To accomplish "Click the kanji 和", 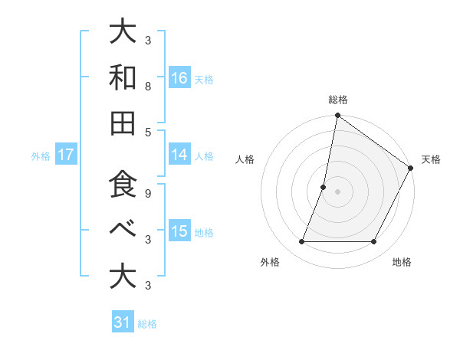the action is coord(123,77).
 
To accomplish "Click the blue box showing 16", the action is coord(179,77).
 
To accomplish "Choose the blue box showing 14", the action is coord(179,154).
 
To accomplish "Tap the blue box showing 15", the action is coord(179,231).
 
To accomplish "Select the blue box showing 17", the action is coord(66,155).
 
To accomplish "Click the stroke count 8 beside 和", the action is coord(148,87).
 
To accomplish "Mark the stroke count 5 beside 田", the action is coord(148,132).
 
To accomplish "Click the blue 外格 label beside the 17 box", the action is coord(41,155).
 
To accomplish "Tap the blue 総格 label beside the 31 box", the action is coord(147,323).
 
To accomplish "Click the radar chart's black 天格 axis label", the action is coord(431,159).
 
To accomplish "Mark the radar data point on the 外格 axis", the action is coord(301,242).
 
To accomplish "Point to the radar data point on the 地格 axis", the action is coord(374,242).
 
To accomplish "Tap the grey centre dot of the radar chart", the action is coord(337,191).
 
